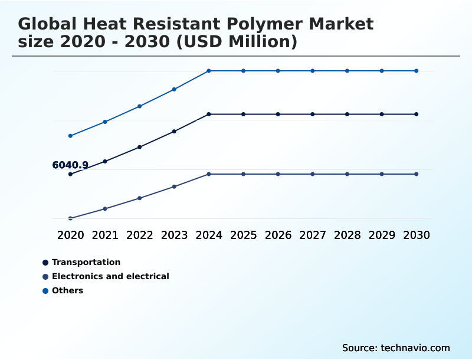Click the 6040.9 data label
(70, 165)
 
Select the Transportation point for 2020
(70, 174)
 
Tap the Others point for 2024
(209, 71)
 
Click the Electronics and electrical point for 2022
(140, 198)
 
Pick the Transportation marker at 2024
(209, 114)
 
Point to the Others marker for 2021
(105, 122)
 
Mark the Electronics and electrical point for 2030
(417, 174)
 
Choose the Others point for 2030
(417, 71)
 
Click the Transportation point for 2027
(313, 114)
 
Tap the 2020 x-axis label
(70, 235)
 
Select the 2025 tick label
(243, 235)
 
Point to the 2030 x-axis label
(417, 235)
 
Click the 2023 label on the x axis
(174, 235)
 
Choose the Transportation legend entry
(86, 262)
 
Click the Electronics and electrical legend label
(110, 276)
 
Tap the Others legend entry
(67, 290)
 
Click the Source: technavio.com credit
(396, 348)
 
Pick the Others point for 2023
(174, 90)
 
